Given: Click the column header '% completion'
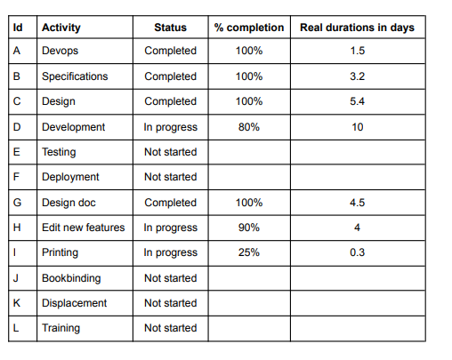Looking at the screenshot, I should [x=249, y=28].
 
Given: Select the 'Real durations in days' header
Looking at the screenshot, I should [x=357, y=28].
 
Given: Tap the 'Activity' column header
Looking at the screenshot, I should [x=61, y=28].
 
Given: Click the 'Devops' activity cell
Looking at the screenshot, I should [x=60, y=51].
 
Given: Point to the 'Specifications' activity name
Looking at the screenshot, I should [x=75, y=76].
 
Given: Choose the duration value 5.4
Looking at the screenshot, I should [x=357, y=101].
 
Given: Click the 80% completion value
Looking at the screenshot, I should [x=249, y=127].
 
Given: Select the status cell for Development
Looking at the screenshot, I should [x=170, y=127].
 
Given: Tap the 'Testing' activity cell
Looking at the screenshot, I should [x=60, y=152].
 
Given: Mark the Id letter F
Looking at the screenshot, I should [x=16, y=177].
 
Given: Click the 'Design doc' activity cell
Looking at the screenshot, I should [x=69, y=203].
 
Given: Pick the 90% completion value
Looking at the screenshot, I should [x=249, y=228].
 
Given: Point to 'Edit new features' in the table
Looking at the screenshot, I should [x=83, y=228].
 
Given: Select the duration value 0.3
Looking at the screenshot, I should [x=357, y=252].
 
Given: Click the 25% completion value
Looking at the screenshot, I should [x=249, y=252].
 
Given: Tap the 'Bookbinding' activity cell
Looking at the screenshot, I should [x=71, y=278].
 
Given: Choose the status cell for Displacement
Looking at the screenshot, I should [x=170, y=303].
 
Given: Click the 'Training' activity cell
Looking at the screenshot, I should [x=61, y=328].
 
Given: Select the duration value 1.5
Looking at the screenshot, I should [x=357, y=51].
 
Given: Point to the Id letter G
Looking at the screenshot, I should [x=17, y=203].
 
